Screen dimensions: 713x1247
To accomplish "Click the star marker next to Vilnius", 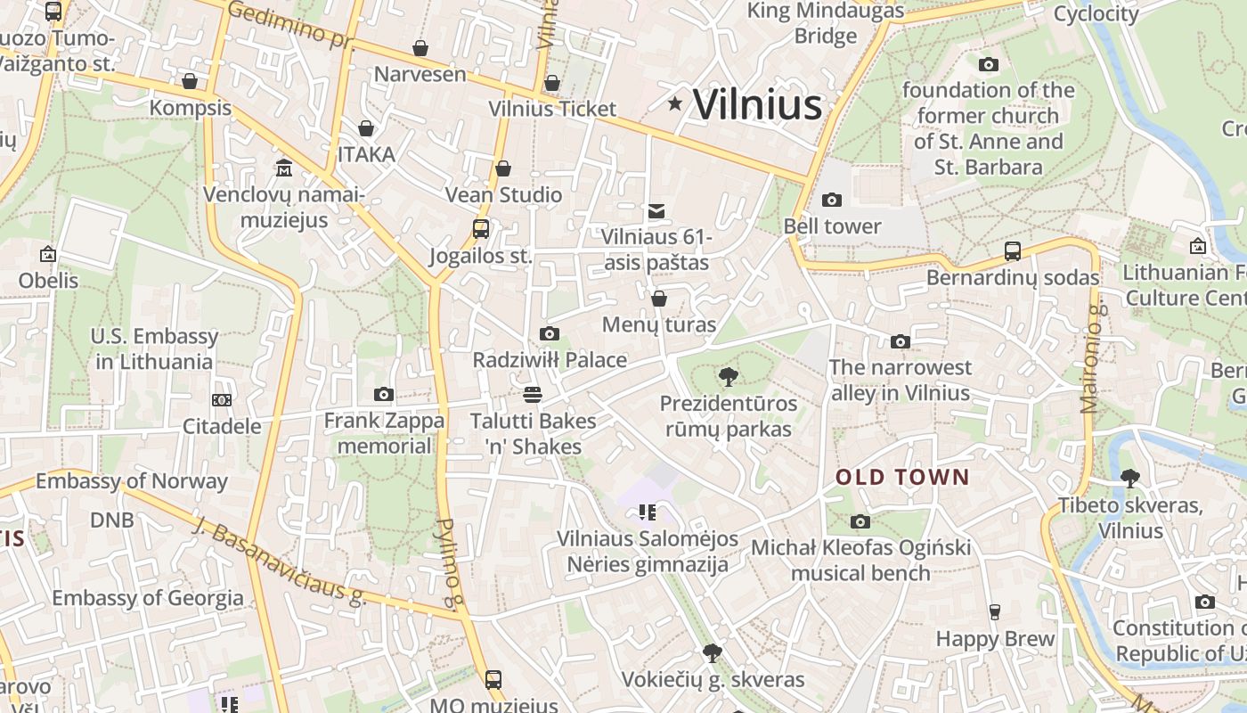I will pos(675,104).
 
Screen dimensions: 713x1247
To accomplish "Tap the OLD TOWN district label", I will pos(901,477).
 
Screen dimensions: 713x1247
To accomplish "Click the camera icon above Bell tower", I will pos(832,200).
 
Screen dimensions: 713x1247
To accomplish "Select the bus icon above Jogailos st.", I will pos(481,229).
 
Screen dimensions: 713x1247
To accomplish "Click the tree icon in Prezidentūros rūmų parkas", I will pos(729,377).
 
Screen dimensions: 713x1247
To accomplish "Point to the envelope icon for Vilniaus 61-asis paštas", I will pos(656,210).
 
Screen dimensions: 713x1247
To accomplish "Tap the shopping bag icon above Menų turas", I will pos(659,299).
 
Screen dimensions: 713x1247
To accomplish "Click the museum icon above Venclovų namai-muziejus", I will pos(284,167).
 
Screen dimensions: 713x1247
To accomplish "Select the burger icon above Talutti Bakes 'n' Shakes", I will pos(533,394).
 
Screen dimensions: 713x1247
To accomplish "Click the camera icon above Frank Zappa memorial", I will pos(384,394).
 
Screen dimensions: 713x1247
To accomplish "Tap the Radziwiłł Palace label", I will pos(550,360).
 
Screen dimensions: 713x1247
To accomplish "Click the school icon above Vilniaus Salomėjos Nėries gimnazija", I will pos(648,512).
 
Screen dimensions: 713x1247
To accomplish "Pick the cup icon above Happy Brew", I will pos(995,611).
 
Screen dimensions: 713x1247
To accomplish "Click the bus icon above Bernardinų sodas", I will pos(1013,250).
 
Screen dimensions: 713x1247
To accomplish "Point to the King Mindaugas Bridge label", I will pos(826,24).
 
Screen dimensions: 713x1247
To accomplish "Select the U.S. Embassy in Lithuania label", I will pos(154,348).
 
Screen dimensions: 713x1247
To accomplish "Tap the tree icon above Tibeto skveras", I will pos(1130,479).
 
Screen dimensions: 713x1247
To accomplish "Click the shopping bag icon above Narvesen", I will pos(420,47).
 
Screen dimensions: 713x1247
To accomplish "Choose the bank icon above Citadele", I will pos(222,400).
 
